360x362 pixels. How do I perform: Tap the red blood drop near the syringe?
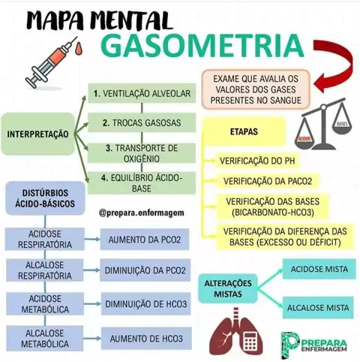79,49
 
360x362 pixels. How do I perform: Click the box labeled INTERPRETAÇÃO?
37,134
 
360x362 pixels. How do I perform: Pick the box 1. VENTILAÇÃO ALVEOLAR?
142,93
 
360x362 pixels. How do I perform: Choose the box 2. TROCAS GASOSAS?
142,122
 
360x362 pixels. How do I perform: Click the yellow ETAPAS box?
244,131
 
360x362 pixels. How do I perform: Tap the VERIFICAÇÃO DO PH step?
257,161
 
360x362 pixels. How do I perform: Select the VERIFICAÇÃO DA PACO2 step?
268,181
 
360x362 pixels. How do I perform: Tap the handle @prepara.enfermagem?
142,213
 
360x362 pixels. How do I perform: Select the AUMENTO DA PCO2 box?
145,240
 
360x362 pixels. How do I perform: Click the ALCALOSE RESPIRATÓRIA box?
45,270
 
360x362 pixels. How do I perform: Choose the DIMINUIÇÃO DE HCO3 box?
146,304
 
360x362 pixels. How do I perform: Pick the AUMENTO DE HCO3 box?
146,339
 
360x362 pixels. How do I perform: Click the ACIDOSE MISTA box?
319,269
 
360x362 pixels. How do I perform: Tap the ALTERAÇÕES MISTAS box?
228,288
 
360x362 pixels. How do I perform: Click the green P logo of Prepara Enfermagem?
290,345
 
